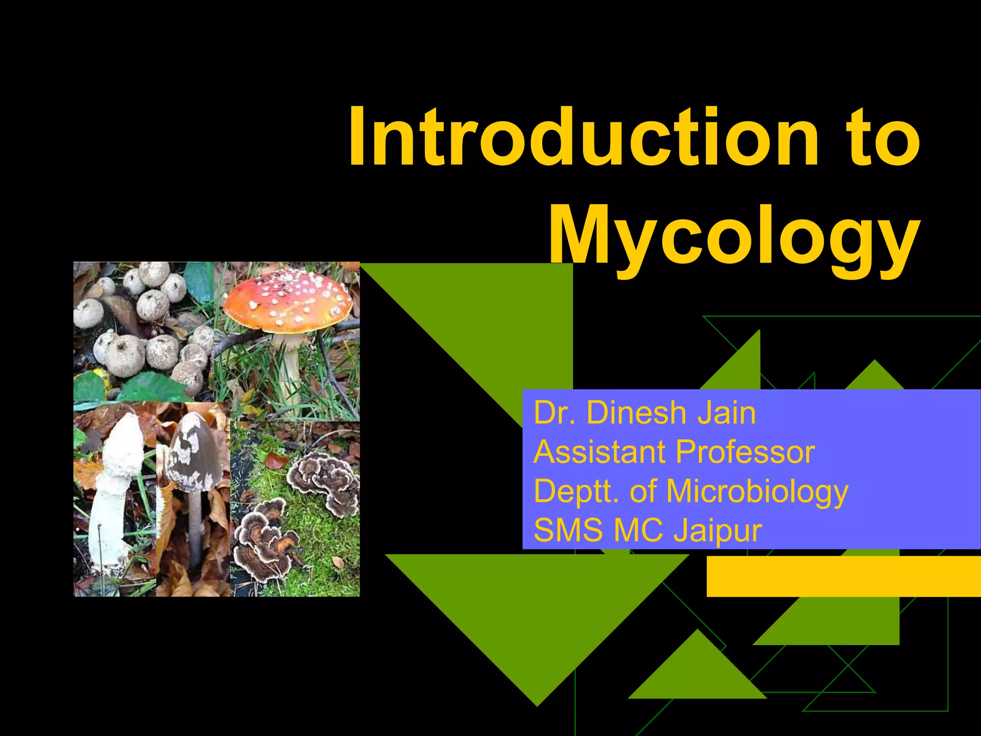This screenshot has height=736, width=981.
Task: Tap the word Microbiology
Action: [x=757, y=492]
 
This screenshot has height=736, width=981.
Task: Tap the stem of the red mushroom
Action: [x=290, y=364]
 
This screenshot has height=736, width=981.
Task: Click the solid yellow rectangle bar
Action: [x=843, y=576]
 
